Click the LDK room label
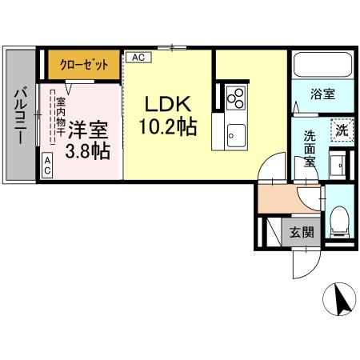(167, 105)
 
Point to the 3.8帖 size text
(89, 150)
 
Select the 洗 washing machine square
(341, 130)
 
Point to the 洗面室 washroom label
(309, 149)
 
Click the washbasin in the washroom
(338, 166)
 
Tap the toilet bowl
(339, 218)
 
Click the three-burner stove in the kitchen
(235, 97)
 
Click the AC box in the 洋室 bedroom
(47, 166)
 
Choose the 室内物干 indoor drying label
(60, 121)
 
